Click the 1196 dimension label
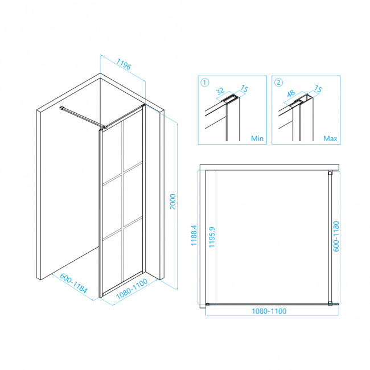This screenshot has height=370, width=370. coord(124,64)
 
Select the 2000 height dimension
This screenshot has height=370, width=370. coord(173,202)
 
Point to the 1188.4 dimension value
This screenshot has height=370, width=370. coord(194,235)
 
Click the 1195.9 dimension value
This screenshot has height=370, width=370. coord(212,237)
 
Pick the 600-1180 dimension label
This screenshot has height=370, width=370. coord(336,236)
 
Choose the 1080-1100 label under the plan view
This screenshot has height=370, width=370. coord(269,311)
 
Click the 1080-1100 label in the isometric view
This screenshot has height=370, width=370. coord(132,289)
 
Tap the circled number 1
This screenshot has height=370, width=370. coord(204,83)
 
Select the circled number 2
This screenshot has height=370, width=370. coord(279,83)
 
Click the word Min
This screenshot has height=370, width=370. coord(257,138)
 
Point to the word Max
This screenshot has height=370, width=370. coord(330,138)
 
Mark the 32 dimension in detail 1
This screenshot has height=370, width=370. coord(220,91)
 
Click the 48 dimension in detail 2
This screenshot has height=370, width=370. coord(291,93)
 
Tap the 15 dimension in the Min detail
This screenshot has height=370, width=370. coord(244,89)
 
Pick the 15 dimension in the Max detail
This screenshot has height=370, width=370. coord(318,89)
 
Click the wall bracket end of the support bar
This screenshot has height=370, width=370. coord(62,108)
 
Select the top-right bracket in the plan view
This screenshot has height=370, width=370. coord(330,173)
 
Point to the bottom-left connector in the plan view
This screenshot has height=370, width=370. coord(207,305)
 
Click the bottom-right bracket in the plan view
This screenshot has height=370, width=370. coord(330,304)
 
